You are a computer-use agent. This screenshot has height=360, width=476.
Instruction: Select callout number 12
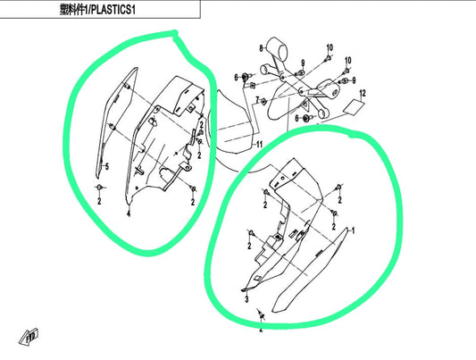363,93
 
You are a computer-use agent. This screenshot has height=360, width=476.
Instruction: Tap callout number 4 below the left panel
129,214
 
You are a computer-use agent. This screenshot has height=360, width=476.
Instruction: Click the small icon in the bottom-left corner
26,338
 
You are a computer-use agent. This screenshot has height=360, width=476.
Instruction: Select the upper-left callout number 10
329,46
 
